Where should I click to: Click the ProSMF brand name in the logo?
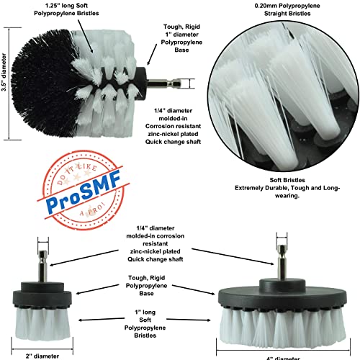click(76, 203)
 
